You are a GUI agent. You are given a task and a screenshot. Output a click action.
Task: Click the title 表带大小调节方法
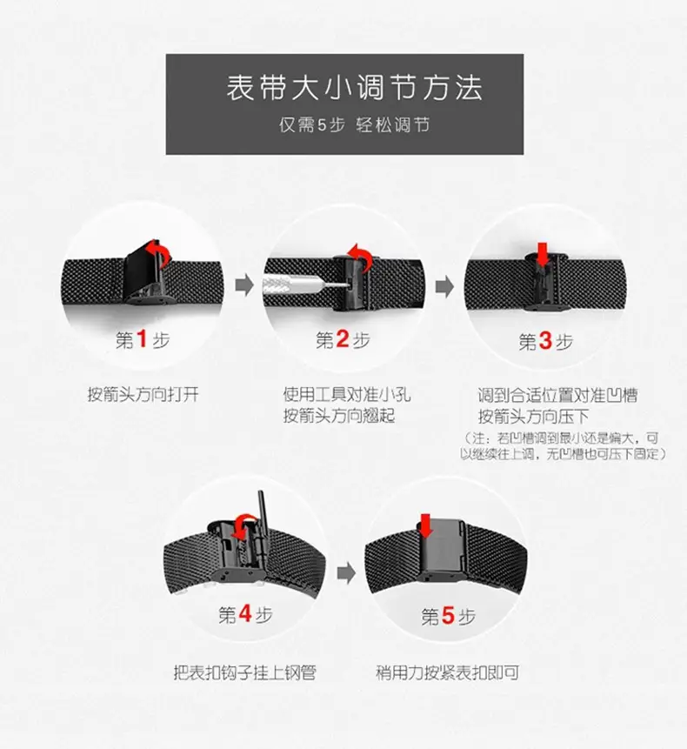(x=354, y=88)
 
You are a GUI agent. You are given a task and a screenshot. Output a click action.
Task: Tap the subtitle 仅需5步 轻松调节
(x=354, y=125)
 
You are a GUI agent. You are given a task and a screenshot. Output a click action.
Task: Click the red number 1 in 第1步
(x=142, y=339)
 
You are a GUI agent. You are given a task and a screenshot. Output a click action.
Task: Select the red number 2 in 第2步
(x=343, y=339)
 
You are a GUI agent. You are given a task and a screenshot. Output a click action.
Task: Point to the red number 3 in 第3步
(x=545, y=341)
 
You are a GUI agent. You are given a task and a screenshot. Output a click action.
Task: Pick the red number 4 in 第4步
(x=245, y=613)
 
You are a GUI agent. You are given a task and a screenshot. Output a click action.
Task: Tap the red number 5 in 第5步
(x=449, y=615)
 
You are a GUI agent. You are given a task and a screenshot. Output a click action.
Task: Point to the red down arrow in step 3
(x=543, y=254)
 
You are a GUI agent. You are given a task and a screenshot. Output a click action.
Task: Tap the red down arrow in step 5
(x=425, y=526)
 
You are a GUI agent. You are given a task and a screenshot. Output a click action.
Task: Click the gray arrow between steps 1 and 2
(x=244, y=285)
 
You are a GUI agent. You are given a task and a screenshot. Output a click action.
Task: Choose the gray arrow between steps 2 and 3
(x=444, y=286)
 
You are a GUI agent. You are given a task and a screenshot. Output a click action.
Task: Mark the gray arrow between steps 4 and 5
(x=347, y=572)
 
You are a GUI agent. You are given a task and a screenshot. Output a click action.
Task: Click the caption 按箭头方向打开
(x=143, y=395)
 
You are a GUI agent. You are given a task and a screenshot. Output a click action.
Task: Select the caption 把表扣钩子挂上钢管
(x=244, y=672)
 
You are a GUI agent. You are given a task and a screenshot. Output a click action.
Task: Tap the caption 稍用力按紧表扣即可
(x=447, y=672)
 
